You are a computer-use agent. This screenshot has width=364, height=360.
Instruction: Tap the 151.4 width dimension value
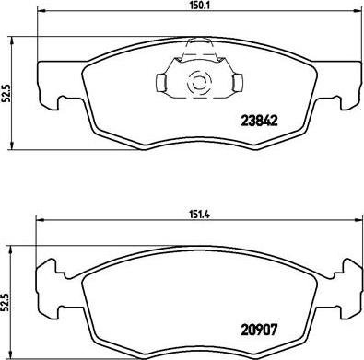[x=199, y=215]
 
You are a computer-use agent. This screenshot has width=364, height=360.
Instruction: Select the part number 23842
[x=259, y=121]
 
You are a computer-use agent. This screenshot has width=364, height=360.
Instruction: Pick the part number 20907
[x=259, y=331]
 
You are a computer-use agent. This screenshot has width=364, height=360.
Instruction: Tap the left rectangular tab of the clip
[x=161, y=83]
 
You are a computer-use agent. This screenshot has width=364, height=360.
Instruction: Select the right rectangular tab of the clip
[x=238, y=83]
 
